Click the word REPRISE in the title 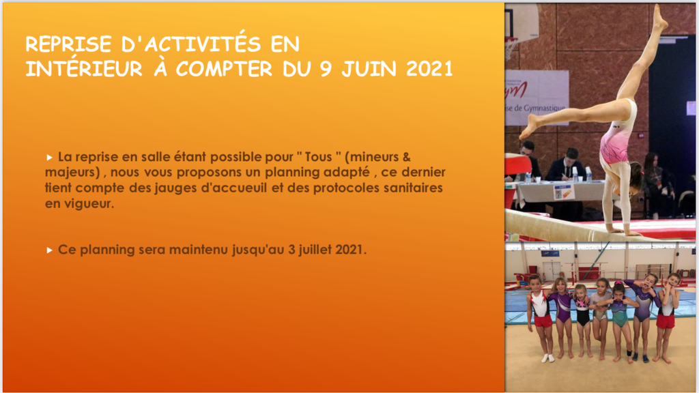click(x=69, y=44)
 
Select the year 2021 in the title click(x=429, y=69)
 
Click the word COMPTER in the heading click(x=224, y=69)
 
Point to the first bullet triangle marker click(x=49, y=158)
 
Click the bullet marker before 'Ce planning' click(x=49, y=250)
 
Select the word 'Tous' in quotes click(x=318, y=157)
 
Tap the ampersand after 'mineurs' click(x=406, y=157)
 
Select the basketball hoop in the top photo click(x=511, y=44)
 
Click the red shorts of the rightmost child click(x=665, y=321)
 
